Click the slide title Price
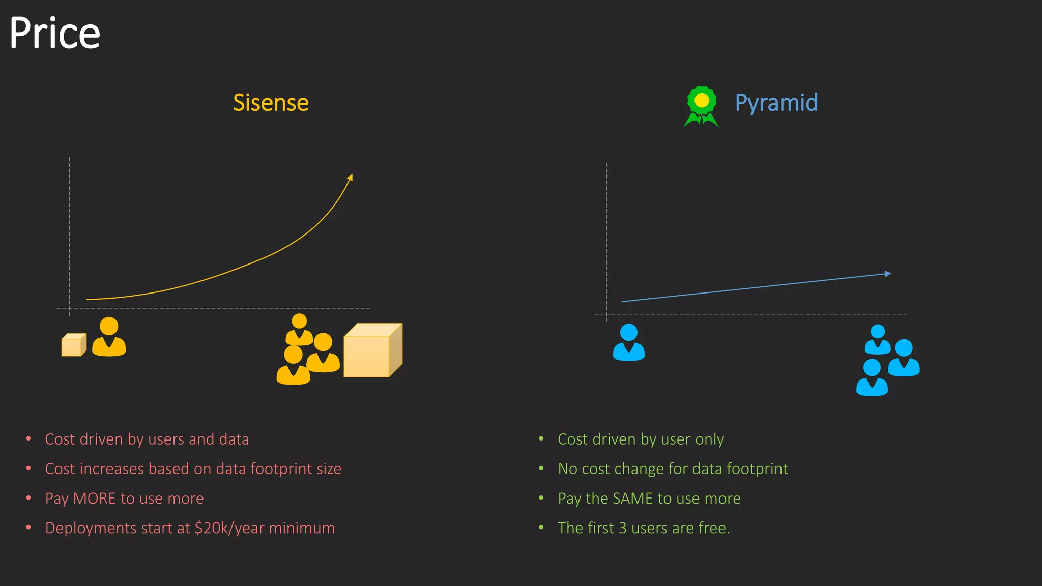coord(55,34)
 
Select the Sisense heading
coord(271,103)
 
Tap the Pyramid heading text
coord(776,103)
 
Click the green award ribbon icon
coord(702,105)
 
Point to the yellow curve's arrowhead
coord(350,178)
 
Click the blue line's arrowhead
coord(888,274)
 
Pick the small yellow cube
coord(74,345)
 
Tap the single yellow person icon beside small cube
coord(109,337)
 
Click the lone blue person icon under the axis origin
coord(629,342)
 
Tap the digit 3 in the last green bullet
coord(623,528)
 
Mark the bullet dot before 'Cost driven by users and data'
coord(28,438)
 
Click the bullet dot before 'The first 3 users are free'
coord(541,528)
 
